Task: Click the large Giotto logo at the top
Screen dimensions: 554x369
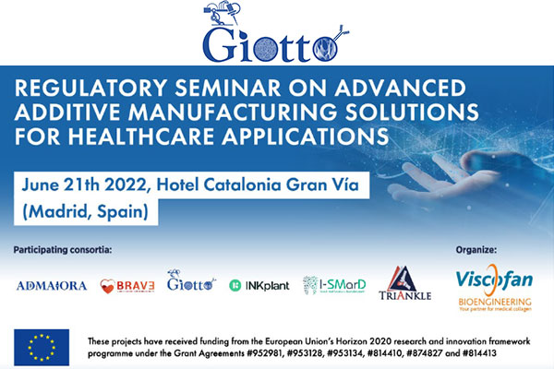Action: tap(275, 32)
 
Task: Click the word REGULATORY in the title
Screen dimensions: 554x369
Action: tap(90, 88)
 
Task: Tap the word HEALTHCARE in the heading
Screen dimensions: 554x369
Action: tap(141, 137)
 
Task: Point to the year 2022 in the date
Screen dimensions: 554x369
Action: tap(126, 185)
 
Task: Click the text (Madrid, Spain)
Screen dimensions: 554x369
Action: tap(86, 212)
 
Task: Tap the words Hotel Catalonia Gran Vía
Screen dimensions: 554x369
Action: tap(258, 184)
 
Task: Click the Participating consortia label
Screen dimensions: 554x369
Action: tap(63, 250)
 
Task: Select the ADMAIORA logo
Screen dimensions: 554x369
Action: tap(52, 286)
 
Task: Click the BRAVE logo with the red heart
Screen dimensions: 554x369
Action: tap(127, 286)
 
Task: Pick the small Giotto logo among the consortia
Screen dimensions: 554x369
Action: tap(191, 280)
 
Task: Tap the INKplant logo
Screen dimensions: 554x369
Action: tap(259, 285)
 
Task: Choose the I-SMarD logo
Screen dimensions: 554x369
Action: tap(334, 285)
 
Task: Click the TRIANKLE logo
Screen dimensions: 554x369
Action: tap(405, 283)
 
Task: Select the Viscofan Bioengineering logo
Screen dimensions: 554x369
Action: tap(494, 288)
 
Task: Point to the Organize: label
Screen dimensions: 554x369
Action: tap(476, 250)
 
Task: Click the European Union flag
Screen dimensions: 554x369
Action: tap(42, 348)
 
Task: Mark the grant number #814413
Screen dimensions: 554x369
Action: tap(479, 353)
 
